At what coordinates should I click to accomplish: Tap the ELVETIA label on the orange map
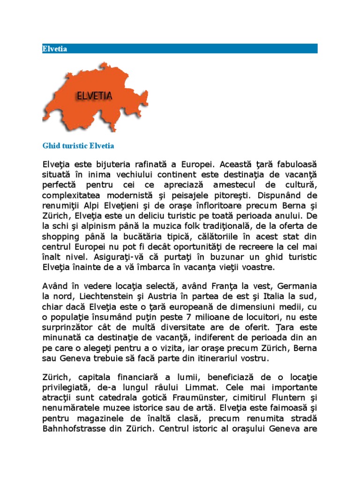94,96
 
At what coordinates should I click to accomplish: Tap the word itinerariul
197,359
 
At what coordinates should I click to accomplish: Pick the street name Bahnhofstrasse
72,429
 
